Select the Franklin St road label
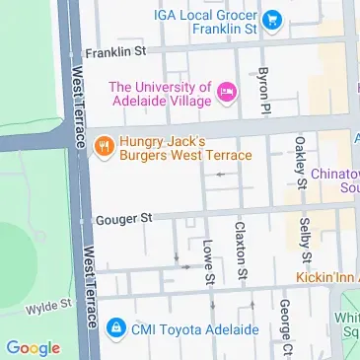(117, 53)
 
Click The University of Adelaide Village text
(160, 94)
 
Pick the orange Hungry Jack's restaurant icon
(102, 147)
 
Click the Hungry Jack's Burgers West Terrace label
(183, 148)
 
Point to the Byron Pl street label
(263, 90)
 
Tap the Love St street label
(209, 261)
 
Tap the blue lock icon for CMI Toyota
(116, 327)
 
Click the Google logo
(32, 347)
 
